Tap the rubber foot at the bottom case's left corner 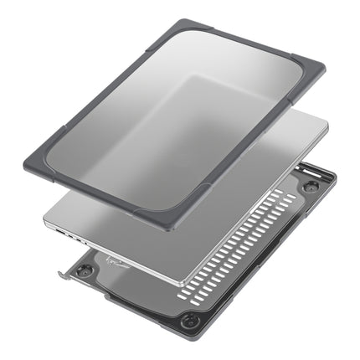(x=85, y=270)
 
